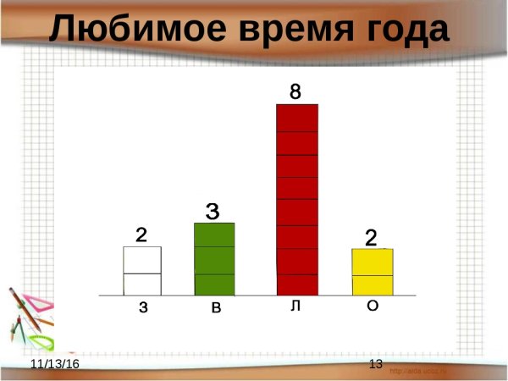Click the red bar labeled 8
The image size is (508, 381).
[x=297, y=200]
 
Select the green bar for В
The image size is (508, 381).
[x=214, y=259]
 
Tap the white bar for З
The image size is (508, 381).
[x=142, y=271]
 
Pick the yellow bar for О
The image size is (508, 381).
[x=373, y=272]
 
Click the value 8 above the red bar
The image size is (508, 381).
[x=295, y=91]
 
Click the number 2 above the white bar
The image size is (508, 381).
[x=141, y=235]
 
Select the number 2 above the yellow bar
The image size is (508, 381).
[x=372, y=238]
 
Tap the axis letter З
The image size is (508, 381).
[x=143, y=309]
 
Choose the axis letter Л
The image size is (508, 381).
[x=295, y=306]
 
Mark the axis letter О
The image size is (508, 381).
[x=373, y=306]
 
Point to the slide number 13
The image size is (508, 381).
[x=376, y=363]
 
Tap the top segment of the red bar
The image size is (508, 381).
[x=297, y=118]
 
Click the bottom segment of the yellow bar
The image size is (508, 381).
[x=373, y=285]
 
